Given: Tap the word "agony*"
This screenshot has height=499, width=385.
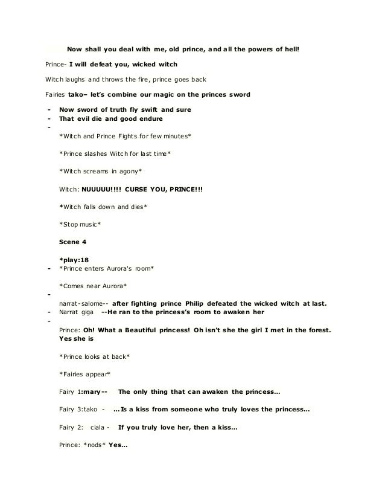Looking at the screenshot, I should click(128, 171).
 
